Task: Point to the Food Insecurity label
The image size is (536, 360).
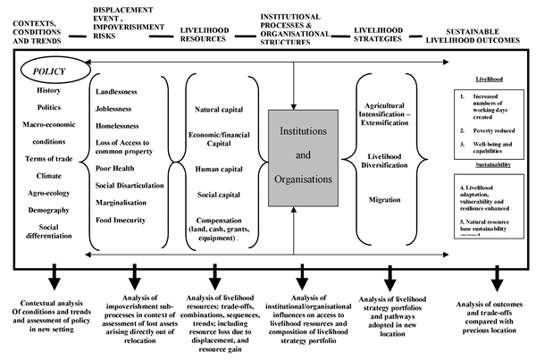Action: (x=126, y=220)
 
